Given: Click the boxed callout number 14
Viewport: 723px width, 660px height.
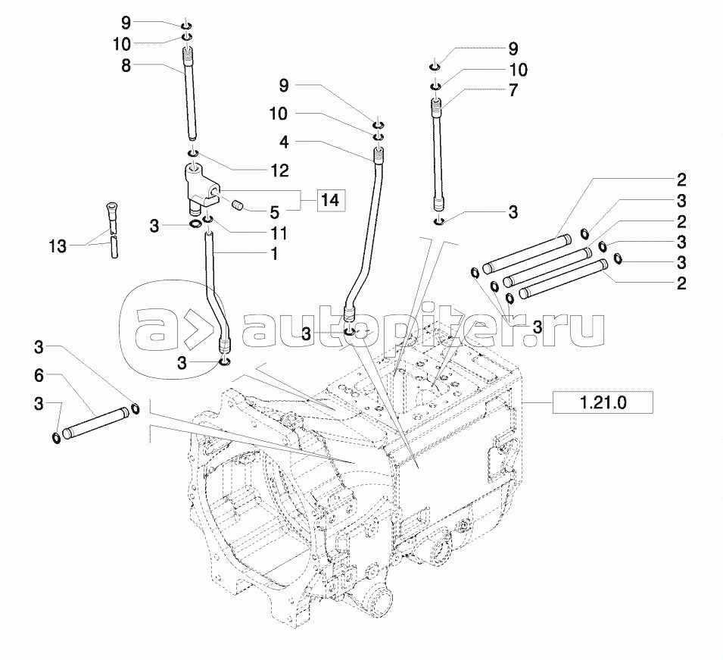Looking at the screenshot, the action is [x=330, y=200].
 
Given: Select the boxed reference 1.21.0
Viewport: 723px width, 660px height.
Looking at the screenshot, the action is [x=603, y=402].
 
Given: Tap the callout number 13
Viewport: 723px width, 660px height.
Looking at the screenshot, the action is [x=58, y=246].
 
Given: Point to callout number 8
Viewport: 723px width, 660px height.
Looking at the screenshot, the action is [x=126, y=65].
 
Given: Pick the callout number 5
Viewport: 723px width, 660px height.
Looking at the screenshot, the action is [x=275, y=212].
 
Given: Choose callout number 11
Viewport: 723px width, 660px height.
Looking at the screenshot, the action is [x=279, y=233].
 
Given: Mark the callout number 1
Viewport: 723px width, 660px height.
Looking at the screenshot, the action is [x=274, y=253].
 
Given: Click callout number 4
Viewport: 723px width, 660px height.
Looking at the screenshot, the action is [x=284, y=142].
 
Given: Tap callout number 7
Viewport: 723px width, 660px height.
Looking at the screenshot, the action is [x=513, y=90].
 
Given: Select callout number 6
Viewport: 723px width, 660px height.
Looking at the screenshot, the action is [x=39, y=376].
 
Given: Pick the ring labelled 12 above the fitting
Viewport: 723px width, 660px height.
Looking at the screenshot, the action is [x=193, y=153].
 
